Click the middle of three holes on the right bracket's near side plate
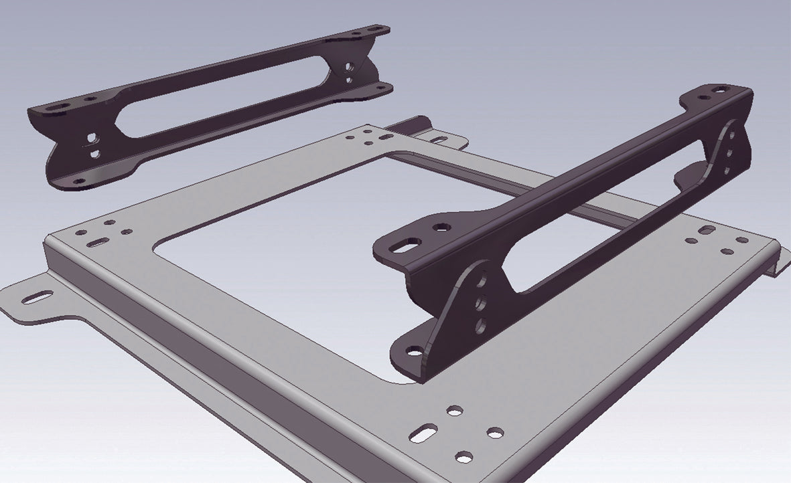[x=482, y=304]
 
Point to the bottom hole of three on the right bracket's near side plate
[x=480, y=326]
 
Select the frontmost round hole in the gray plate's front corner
[x=463, y=458]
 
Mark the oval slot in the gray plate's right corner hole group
[x=707, y=231]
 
